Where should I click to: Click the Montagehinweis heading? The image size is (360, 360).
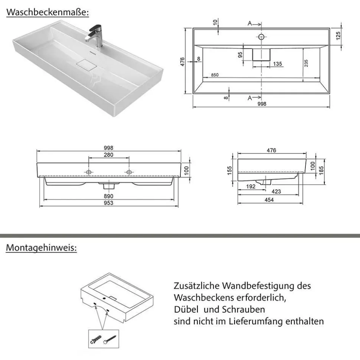(x=41, y=248)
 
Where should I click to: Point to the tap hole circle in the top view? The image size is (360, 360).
(x=261, y=37)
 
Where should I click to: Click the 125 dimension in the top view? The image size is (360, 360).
(x=338, y=36)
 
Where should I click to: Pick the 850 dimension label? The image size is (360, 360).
(x=215, y=75)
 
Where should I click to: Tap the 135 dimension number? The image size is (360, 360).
(x=277, y=64)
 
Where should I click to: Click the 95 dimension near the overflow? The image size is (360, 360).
(x=240, y=55)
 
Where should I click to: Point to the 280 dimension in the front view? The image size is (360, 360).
(x=108, y=155)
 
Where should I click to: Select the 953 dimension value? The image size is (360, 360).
(x=108, y=203)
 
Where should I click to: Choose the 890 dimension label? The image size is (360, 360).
(x=108, y=196)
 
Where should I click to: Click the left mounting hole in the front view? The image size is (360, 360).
(x=89, y=172)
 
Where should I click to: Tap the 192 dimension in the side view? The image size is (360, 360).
(x=251, y=186)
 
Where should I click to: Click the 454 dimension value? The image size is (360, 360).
(x=269, y=200)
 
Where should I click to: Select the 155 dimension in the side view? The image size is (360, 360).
(x=230, y=170)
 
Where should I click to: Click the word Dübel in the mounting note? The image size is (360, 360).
(x=186, y=309)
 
